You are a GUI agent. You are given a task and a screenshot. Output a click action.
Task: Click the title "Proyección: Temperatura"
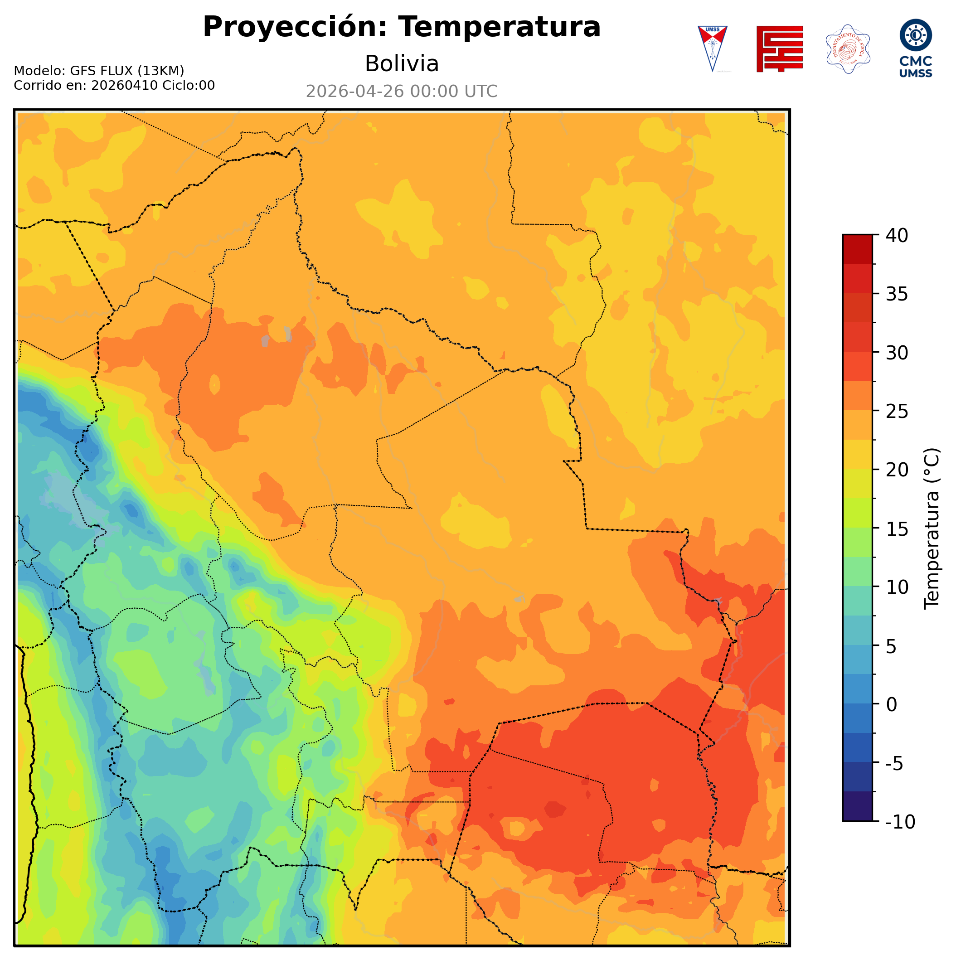coord(402,27)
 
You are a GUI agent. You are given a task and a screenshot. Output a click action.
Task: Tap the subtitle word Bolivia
coord(402,63)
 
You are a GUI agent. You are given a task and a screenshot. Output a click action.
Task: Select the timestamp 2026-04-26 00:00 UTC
coord(402,92)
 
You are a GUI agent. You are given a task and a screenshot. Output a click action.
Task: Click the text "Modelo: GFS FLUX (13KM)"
coord(99,71)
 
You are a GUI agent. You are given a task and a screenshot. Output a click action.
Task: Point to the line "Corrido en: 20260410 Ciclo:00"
coord(114,86)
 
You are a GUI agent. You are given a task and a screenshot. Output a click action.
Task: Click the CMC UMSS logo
coord(915,48)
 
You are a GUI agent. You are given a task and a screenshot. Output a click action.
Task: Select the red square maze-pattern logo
coord(779,48)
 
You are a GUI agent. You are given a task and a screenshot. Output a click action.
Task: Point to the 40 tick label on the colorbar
coord(897,236)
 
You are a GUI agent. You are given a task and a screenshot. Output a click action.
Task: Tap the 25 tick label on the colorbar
coord(897,412)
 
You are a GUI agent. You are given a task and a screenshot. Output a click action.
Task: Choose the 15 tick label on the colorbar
coord(897,528)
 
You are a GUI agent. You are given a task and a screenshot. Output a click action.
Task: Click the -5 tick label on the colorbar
coord(895,763)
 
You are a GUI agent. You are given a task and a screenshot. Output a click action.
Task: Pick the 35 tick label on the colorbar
coord(897,294)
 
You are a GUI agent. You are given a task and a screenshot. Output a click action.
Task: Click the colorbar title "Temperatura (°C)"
coord(932,528)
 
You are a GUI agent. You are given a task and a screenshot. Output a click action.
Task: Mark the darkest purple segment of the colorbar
coord(857,806)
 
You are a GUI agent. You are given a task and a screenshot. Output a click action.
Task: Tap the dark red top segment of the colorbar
coord(857,249)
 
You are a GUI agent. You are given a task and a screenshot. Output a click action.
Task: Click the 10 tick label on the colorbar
coord(897,587)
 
